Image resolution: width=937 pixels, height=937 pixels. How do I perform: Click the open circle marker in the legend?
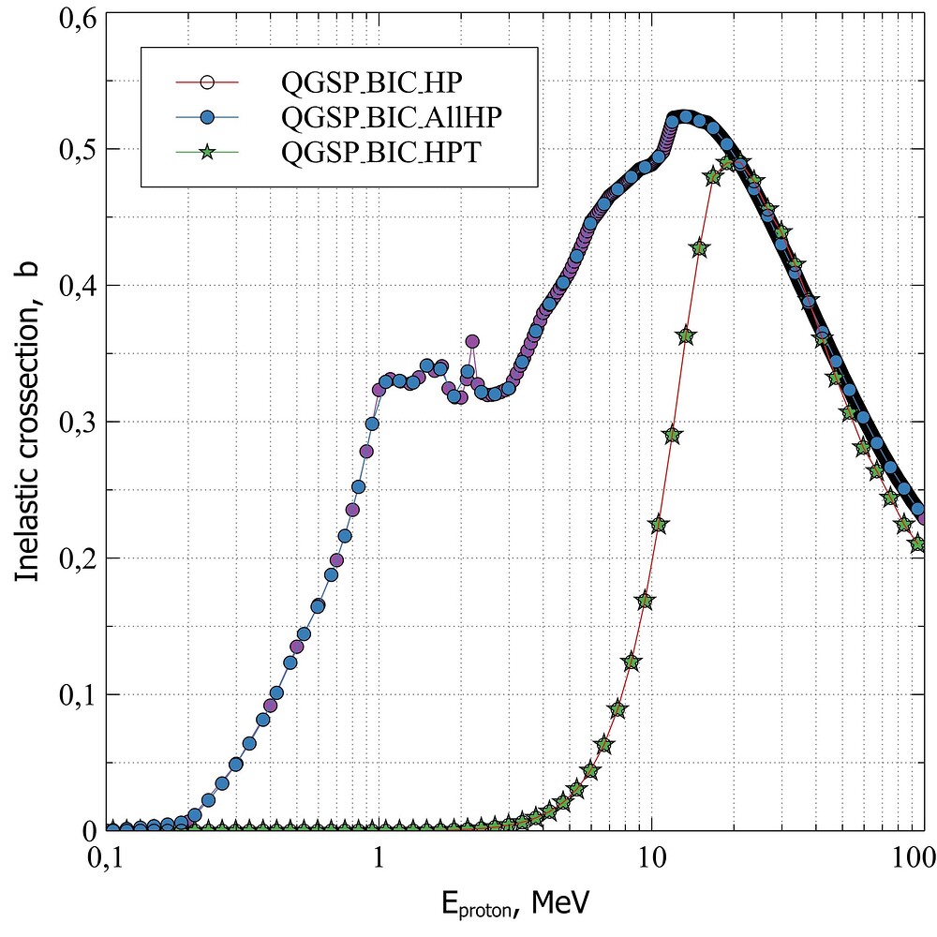click(208, 82)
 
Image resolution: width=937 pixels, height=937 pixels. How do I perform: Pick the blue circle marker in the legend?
click(208, 116)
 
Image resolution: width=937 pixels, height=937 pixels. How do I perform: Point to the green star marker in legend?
click(208, 150)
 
